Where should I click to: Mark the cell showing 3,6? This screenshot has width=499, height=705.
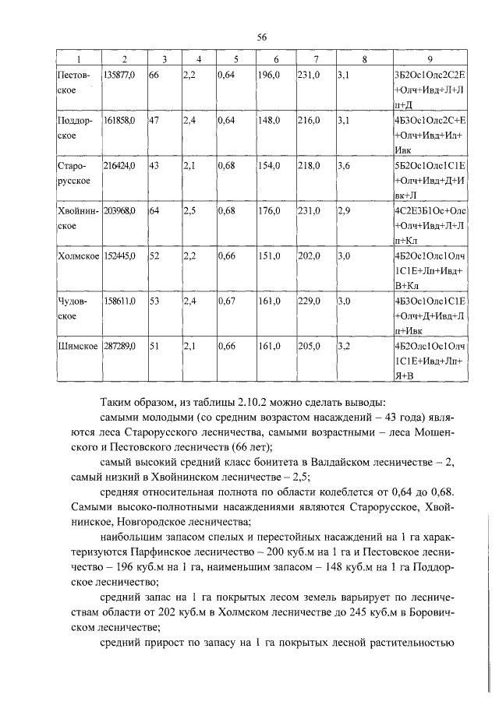tap(347, 165)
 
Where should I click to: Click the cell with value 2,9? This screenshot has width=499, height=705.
tap(347, 210)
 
